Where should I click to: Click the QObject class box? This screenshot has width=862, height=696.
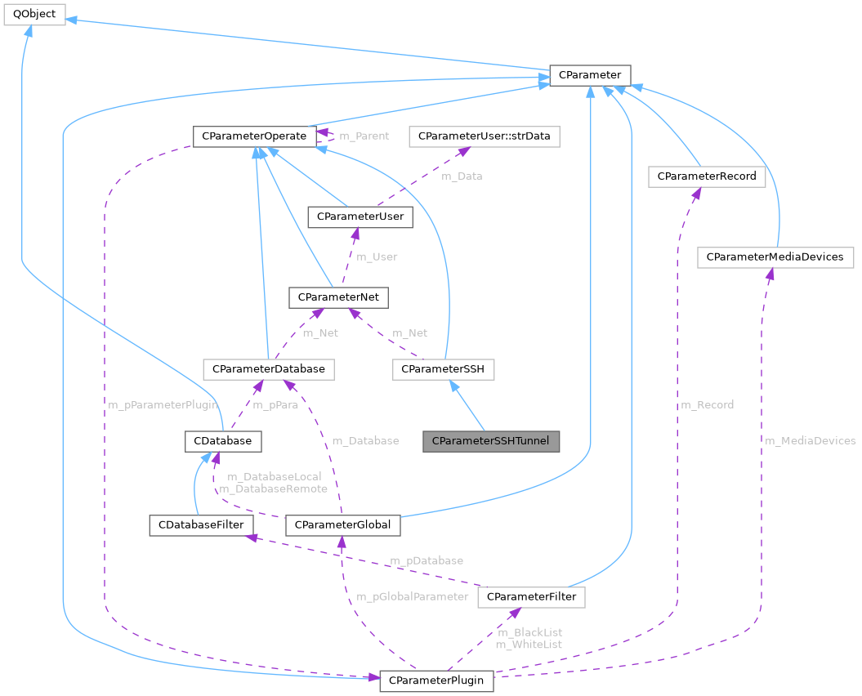34,15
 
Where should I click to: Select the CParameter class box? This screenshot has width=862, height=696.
589,75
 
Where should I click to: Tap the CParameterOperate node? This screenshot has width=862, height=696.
254,136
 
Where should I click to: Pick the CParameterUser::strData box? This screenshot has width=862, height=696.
485,136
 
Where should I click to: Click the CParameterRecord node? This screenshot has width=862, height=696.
706,176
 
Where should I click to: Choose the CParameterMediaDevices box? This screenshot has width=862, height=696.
775,257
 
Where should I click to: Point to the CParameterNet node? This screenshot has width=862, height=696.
338,297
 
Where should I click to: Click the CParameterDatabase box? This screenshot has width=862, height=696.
268,369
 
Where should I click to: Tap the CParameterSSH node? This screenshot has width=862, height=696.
444,369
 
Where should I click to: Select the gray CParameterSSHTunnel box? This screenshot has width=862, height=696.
491,441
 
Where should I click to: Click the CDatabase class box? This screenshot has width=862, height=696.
223,441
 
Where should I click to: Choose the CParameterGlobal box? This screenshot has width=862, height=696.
343,524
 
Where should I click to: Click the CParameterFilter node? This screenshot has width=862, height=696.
531,597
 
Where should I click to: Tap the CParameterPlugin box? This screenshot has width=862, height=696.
436,680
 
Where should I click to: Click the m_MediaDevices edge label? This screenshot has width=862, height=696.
810,440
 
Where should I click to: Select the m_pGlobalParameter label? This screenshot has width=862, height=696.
413,596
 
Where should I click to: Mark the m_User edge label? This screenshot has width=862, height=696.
377,257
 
